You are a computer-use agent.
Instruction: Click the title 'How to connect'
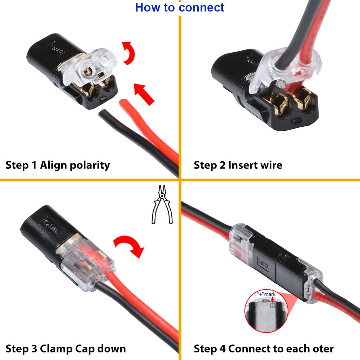coord(180,8)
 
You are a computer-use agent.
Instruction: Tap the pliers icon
coord(162,204)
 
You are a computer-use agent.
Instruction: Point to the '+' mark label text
coord(267,294)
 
